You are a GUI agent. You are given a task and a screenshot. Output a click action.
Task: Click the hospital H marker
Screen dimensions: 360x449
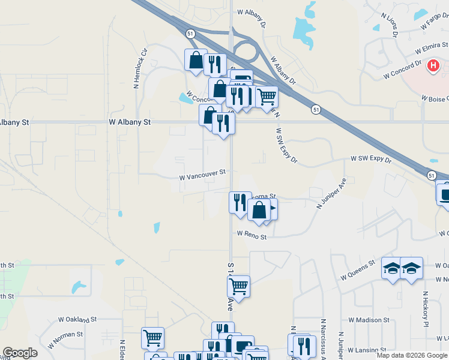(x=433, y=65)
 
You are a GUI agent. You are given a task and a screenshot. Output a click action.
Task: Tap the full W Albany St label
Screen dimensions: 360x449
(x=129, y=122)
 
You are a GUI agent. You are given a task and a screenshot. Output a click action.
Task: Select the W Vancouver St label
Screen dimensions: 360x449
(x=203, y=177)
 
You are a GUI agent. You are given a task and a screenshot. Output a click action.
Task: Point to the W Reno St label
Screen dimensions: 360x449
(x=252, y=236)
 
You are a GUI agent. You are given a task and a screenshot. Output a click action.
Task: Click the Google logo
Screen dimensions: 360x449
(x=19, y=353)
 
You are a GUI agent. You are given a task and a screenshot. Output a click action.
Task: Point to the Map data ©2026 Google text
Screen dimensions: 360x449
(x=412, y=355)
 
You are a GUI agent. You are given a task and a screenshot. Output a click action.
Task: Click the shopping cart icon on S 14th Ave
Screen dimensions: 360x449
(x=239, y=287)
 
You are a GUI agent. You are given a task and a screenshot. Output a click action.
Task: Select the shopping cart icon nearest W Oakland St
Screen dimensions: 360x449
(x=152, y=338)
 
